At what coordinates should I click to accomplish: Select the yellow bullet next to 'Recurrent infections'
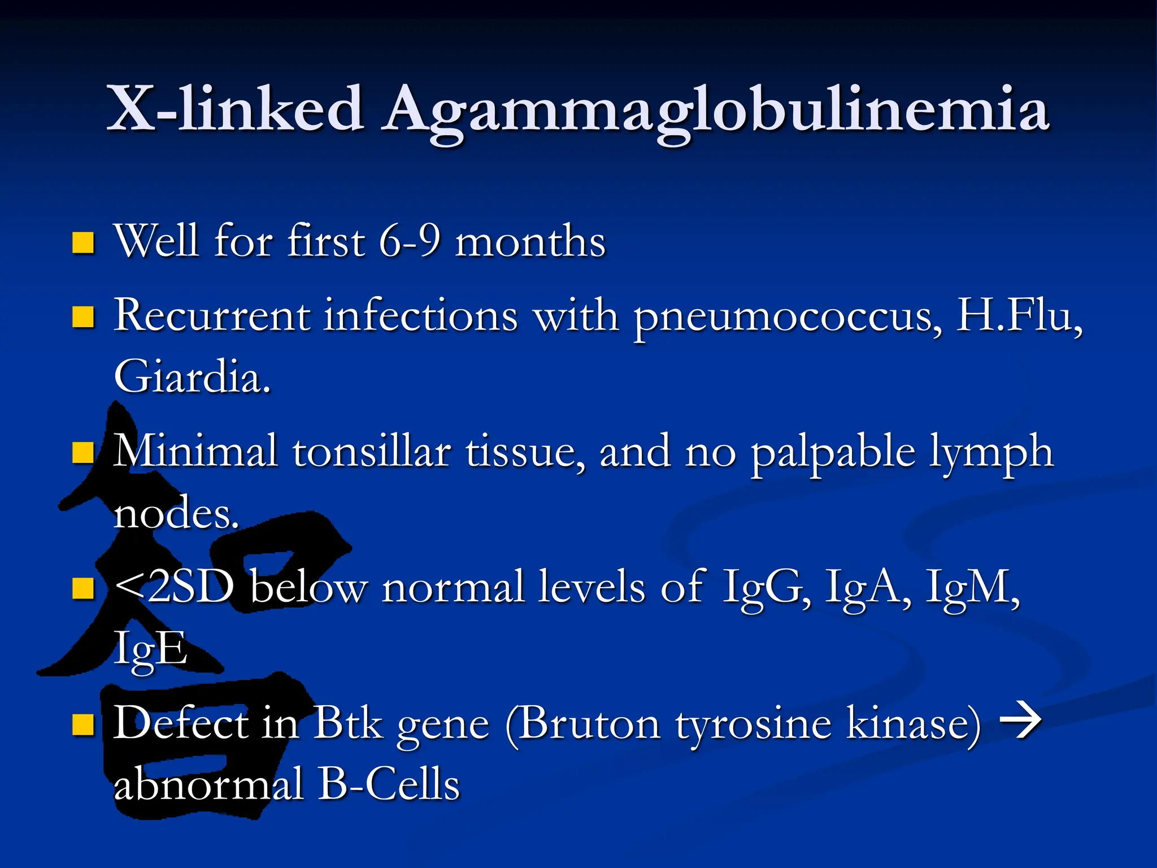pyautogui.click(x=83, y=317)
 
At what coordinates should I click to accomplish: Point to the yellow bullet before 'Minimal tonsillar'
pyautogui.click(x=83, y=452)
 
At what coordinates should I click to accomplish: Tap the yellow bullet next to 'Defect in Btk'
pyautogui.click(x=83, y=724)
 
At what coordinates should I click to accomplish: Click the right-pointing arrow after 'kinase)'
pyautogui.click(x=1020, y=721)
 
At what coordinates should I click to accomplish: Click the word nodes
pyautogui.click(x=176, y=514)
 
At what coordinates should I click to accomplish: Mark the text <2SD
pyautogui.click(x=174, y=587)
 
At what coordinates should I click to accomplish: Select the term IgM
pyautogui.click(x=972, y=587)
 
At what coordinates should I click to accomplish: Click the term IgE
pyautogui.click(x=150, y=649)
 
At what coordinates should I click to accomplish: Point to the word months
pyautogui.click(x=530, y=242)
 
